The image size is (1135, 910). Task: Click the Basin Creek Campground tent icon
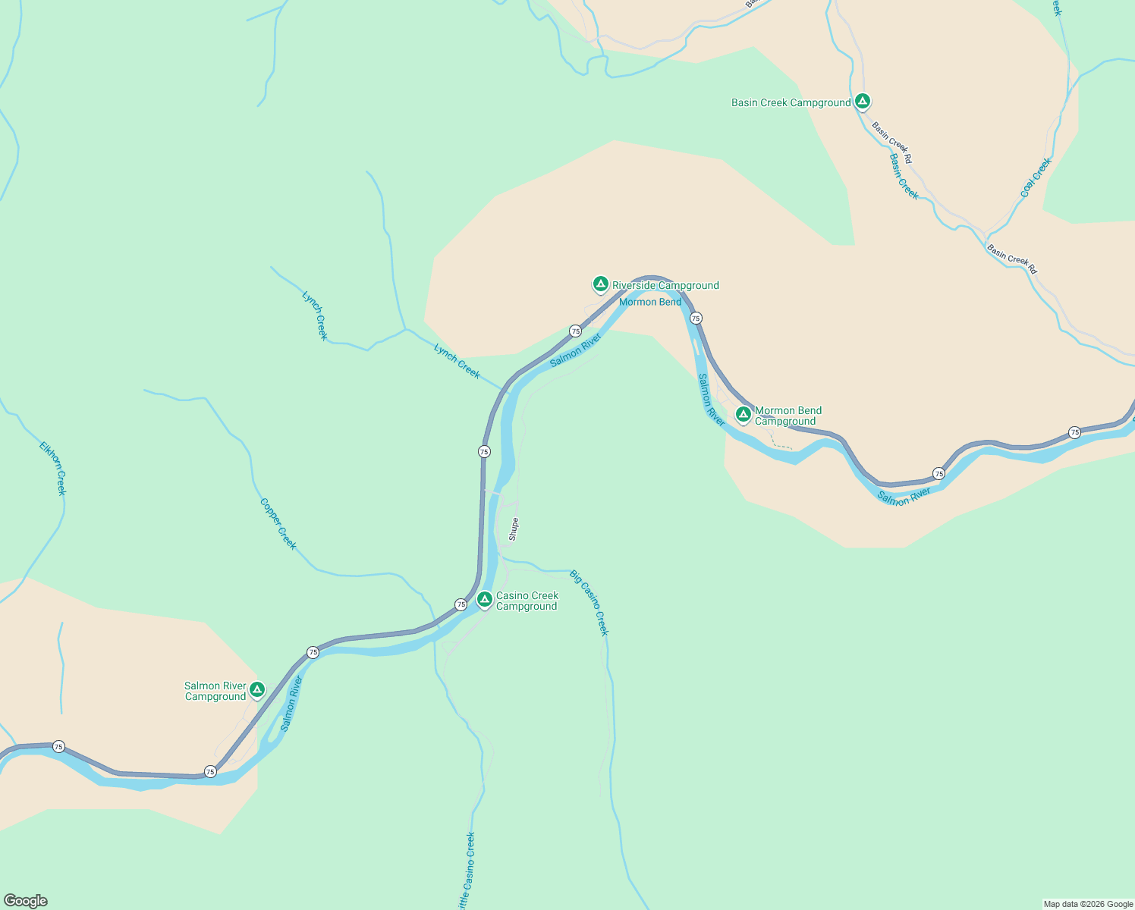(x=862, y=101)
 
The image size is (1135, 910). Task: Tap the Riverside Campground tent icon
(x=600, y=284)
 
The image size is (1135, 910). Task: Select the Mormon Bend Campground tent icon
(x=744, y=414)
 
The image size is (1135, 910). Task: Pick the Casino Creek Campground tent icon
(x=484, y=600)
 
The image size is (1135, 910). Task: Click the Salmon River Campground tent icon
(x=257, y=689)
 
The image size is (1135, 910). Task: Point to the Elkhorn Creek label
(x=53, y=469)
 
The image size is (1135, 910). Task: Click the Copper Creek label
(x=278, y=524)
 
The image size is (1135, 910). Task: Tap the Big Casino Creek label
(x=590, y=603)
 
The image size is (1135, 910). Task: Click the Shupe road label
(x=514, y=529)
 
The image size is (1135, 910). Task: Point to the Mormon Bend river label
(x=650, y=302)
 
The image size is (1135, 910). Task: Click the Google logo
(x=25, y=901)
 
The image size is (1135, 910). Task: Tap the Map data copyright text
(x=1087, y=904)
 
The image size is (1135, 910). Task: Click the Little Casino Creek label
(x=466, y=872)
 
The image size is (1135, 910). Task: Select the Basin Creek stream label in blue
(x=904, y=177)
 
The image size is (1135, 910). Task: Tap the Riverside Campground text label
(x=665, y=285)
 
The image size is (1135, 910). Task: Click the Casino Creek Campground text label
(x=527, y=601)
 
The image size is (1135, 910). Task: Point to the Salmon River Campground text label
(x=215, y=691)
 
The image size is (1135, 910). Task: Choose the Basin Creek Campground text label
(x=791, y=102)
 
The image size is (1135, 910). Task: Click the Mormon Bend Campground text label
(x=788, y=416)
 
